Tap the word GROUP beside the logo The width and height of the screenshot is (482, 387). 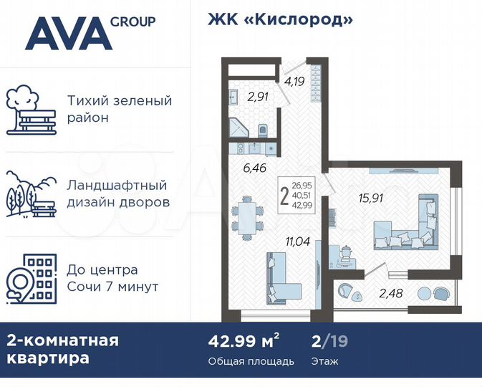coord(132,21)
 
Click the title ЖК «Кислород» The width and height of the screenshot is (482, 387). coord(280,19)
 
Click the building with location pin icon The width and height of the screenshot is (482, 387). coord(29,278)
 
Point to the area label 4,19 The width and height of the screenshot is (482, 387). coord(294,81)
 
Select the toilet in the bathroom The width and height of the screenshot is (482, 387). coord(263,130)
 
